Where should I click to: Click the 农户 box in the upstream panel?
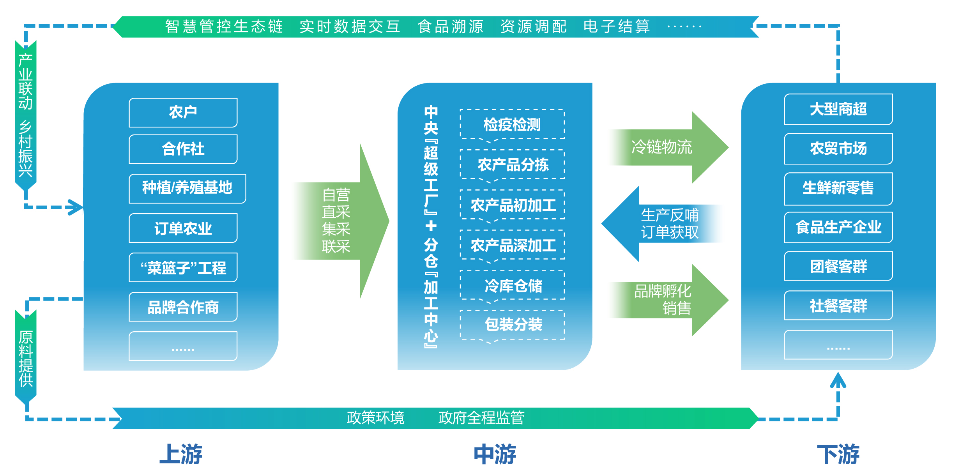tap(183, 112)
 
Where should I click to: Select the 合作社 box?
tap(183, 149)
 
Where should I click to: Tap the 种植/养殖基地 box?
tap(187, 188)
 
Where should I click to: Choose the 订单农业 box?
tap(183, 228)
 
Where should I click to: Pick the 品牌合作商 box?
tap(183, 307)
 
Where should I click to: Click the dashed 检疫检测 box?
tap(512, 125)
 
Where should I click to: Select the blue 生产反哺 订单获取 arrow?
tap(663, 224)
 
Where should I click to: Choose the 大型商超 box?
tap(838, 109)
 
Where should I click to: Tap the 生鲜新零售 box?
tap(838, 188)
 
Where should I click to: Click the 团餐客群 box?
tap(838, 266)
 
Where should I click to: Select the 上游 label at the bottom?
tap(181, 454)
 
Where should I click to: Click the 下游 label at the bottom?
tap(838, 454)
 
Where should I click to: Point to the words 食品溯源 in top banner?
tap(450, 27)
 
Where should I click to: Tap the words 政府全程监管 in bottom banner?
tap(481, 418)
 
